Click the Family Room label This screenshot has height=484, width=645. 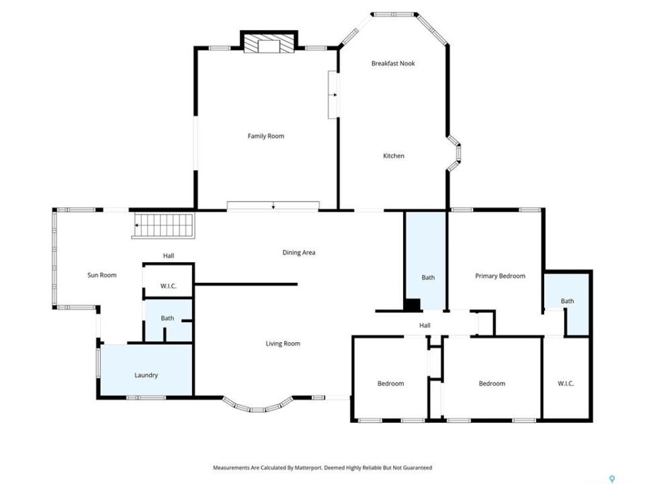266,136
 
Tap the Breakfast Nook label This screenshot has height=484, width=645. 393,63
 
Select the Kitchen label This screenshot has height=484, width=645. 394,155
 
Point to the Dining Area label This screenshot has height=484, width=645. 298,253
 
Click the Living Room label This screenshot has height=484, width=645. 283,344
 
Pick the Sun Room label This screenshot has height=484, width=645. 102,275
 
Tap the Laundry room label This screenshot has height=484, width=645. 146,375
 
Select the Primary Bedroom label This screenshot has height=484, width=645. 500,276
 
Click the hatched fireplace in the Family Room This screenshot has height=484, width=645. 269,43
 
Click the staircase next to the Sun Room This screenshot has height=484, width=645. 163,226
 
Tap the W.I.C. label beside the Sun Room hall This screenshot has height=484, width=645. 168,286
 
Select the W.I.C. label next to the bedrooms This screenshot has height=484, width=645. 566,384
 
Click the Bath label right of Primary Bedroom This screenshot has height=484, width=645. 567,301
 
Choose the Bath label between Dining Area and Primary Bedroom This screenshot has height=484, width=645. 428,278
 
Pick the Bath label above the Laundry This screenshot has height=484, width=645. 167,318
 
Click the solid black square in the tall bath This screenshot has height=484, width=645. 412,305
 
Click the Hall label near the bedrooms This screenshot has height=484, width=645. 425,325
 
